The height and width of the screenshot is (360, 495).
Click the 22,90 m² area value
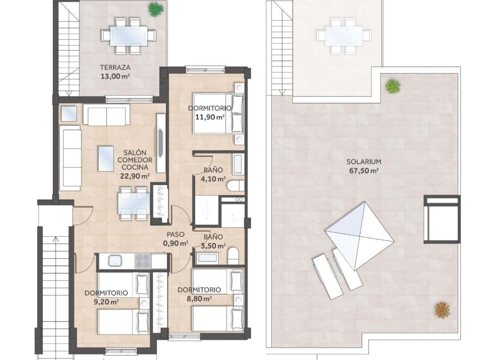click(134, 175)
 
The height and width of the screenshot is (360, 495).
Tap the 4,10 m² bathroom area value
click(213, 180)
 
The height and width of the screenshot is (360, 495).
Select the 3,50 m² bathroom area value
click(213, 246)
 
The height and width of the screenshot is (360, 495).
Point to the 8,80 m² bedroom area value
click(198, 299)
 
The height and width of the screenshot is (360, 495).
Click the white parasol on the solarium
click(359, 235)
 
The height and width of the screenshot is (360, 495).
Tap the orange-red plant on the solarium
click(443, 309)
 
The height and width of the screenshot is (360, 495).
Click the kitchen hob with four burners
click(142, 261)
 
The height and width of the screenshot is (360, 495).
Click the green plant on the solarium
click(393, 86)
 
